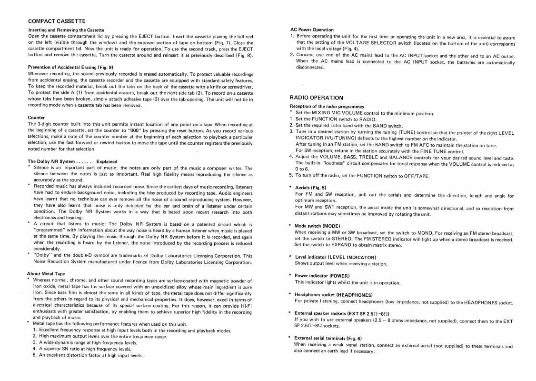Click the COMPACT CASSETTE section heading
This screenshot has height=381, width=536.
57,21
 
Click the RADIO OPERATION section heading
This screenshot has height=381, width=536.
316,98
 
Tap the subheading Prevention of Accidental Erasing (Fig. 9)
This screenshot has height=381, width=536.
70,67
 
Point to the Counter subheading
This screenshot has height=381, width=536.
37,117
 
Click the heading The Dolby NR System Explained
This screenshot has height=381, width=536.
72,161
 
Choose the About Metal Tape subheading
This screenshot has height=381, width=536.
46,273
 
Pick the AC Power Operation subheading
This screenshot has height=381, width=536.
312,30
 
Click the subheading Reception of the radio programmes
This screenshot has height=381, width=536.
327,106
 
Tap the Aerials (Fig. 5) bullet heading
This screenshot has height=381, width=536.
310,188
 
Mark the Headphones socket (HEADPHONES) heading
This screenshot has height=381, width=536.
332,295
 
